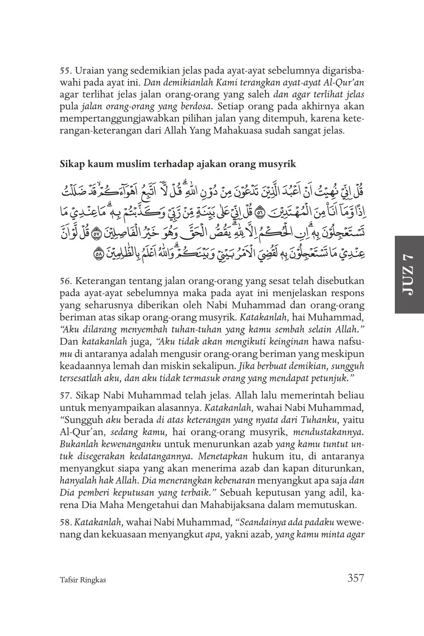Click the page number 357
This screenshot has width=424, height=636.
(x=355, y=578)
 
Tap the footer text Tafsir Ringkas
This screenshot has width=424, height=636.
(x=82, y=579)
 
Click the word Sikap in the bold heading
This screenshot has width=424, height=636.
(x=71, y=164)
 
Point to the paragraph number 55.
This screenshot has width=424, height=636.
(x=66, y=71)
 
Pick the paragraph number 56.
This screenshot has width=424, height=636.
(x=66, y=281)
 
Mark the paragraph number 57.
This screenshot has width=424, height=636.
(x=66, y=396)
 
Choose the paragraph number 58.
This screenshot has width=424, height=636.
(x=66, y=523)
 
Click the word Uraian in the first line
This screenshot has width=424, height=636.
(x=89, y=71)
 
